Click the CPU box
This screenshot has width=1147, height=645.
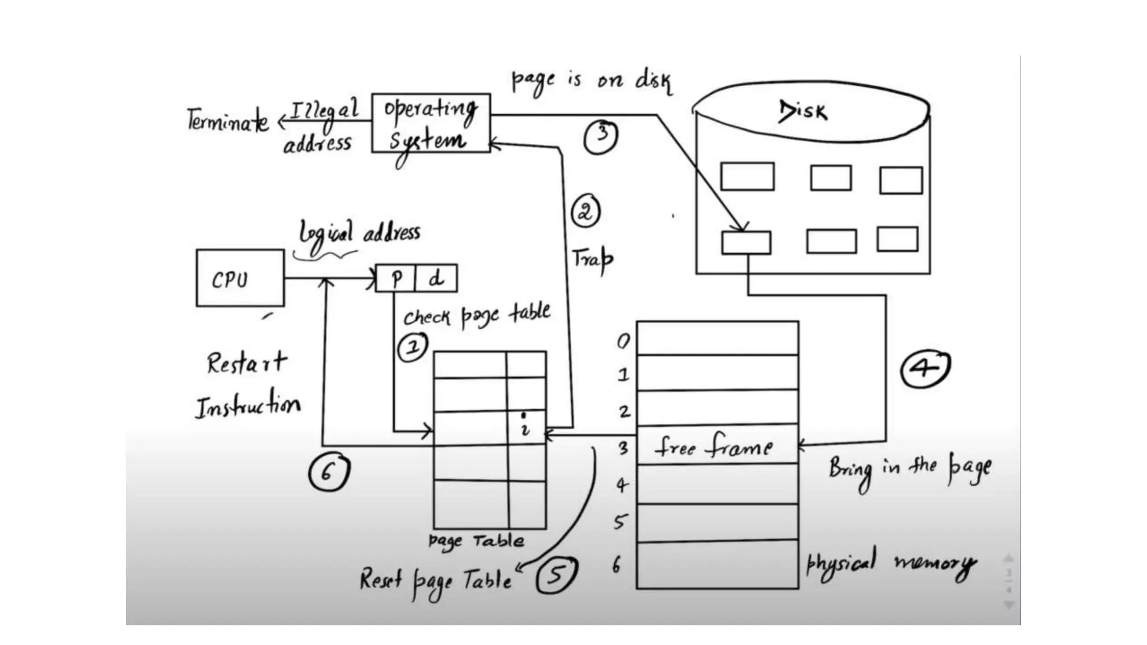pyautogui.click(x=240, y=278)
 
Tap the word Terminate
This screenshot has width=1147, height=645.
pyautogui.click(x=227, y=120)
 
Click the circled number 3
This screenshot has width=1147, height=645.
pyautogui.click(x=601, y=136)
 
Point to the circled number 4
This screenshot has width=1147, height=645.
pyautogui.click(x=925, y=369)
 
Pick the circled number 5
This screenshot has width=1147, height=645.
pyautogui.click(x=556, y=575)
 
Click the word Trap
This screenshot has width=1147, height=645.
pyautogui.click(x=592, y=259)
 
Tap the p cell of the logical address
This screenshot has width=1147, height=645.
pyautogui.click(x=396, y=278)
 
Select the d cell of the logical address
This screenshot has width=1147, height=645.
pyautogui.click(x=436, y=278)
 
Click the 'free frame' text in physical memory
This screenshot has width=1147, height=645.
pyautogui.click(x=713, y=447)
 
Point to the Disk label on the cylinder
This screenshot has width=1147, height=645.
pyautogui.click(x=803, y=111)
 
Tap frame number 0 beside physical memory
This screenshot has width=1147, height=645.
pyautogui.click(x=623, y=341)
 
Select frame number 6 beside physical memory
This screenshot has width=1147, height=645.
pyautogui.click(x=617, y=565)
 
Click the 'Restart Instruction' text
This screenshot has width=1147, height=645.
pyautogui.click(x=247, y=385)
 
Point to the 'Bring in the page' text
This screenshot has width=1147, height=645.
pyautogui.click(x=910, y=469)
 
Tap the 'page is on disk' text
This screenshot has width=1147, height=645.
pyautogui.click(x=591, y=81)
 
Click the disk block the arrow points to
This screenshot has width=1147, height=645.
pyautogui.click(x=746, y=243)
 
